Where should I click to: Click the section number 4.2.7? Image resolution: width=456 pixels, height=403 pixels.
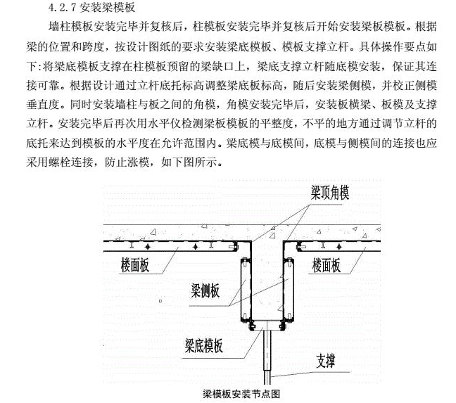pyautogui.click(x=63, y=8)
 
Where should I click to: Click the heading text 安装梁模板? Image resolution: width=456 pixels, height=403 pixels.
pyautogui.click(x=108, y=8)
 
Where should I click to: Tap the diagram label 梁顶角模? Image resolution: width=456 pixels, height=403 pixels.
pyautogui.click(x=330, y=192)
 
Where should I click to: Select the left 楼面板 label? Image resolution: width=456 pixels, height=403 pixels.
pyautogui.click(x=134, y=265)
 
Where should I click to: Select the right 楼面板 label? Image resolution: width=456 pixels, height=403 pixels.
pyautogui.click(x=327, y=265)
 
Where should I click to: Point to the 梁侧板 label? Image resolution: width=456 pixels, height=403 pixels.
pyautogui.click(x=205, y=290)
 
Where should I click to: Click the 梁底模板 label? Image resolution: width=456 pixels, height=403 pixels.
pyautogui.click(x=204, y=345)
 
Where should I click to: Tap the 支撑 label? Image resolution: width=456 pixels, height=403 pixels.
pyautogui.click(x=326, y=361)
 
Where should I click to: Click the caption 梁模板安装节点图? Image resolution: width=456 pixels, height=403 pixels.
pyautogui.click(x=241, y=394)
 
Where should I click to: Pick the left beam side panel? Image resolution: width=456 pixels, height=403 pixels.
pyautogui.click(x=246, y=289)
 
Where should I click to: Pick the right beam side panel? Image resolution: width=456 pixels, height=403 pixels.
pyautogui.click(x=289, y=289)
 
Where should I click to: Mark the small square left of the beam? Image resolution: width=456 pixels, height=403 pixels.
pyautogui.click(x=160, y=301)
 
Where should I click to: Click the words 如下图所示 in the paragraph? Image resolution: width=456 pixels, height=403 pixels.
pyautogui.click(x=189, y=162)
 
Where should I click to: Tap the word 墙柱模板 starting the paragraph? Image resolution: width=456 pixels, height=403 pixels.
pyautogui.click(x=70, y=27)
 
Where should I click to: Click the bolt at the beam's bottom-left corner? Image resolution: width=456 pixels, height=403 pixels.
pyautogui.click(x=252, y=326)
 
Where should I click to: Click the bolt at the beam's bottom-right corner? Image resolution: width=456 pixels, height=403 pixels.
pyautogui.click(x=282, y=326)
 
